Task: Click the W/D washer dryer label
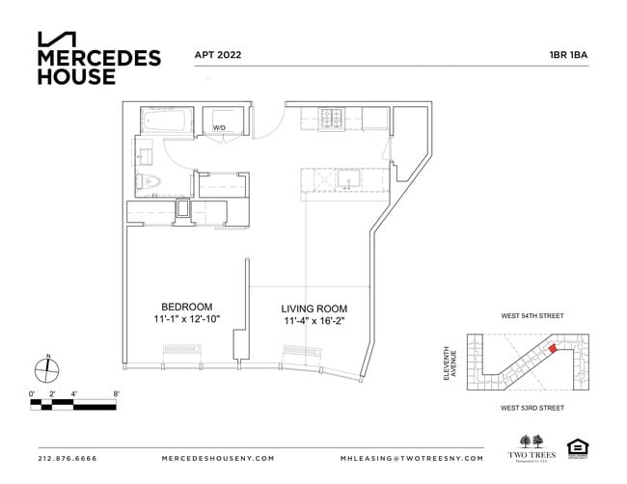pyautogui.click(x=219, y=127)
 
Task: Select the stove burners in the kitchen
pyautogui.click(x=333, y=119)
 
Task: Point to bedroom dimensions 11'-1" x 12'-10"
pyautogui.click(x=186, y=319)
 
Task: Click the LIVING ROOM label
pyautogui.click(x=313, y=308)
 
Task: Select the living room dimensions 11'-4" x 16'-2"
pyautogui.click(x=313, y=320)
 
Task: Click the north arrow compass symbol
pyautogui.click(x=47, y=367)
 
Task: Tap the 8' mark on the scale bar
pyautogui.click(x=116, y=393)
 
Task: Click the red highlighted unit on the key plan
pyautogui.click(x=554, y=350)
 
